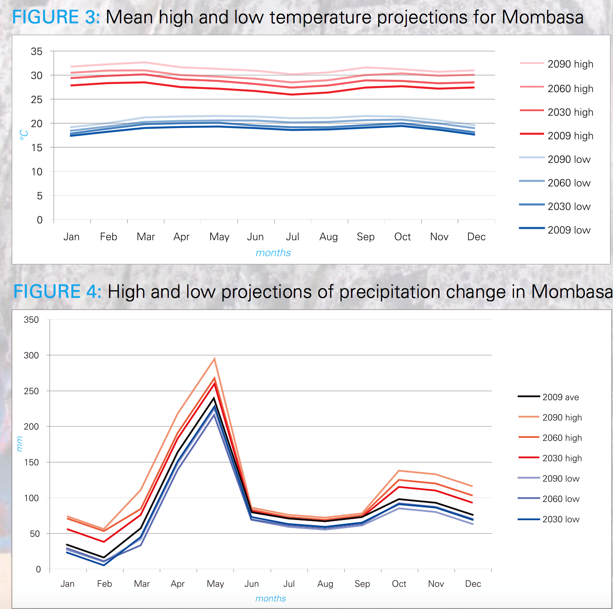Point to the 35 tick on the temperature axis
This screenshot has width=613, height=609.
point(37,51)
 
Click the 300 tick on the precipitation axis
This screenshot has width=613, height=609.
point(31,355)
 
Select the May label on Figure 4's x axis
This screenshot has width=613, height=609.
point(215,584)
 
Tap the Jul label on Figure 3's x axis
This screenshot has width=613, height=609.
point(292,236)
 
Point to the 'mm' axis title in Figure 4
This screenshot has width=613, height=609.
point(19,444)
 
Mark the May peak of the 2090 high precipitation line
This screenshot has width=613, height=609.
point(214,359)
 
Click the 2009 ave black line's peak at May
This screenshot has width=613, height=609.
point(214,398)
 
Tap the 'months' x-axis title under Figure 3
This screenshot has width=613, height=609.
point(273,253)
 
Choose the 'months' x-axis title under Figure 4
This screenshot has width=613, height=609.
point(271,599)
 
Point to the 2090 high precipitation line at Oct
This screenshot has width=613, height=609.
point(399,471)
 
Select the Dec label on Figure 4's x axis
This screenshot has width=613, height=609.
point(473,584)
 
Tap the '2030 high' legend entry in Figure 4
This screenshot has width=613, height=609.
point(562,458)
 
